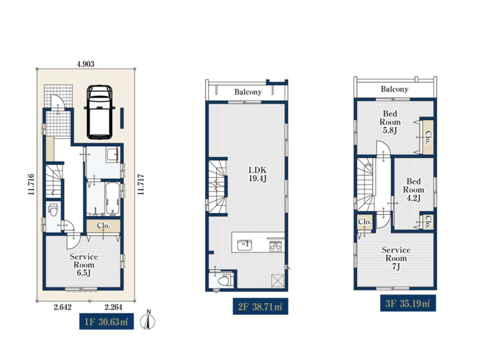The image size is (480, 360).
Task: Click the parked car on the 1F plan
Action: [x=99, y=112]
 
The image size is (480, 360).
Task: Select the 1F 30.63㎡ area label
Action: [x=106, y=322]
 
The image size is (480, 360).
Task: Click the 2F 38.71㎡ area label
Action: [x=261, y=306]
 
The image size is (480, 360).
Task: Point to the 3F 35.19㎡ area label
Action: [x=408, y=303]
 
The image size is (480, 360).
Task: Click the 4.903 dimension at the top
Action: [x=86, y=64]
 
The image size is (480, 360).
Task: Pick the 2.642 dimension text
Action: [x=62, y=307]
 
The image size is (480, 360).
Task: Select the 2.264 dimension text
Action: [x=113, y=307]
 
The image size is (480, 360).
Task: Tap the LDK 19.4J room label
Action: [x=257, y=174]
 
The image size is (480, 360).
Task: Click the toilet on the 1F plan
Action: [x=53, y=210]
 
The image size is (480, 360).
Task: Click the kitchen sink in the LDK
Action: [x=245, y=245]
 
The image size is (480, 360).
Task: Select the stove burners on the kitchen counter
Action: [x=275, y=246]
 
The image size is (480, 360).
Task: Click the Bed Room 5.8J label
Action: [x=390, y=122]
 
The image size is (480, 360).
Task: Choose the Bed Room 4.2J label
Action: [x=413, y=190]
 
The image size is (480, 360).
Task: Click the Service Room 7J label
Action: [x=396, y=258]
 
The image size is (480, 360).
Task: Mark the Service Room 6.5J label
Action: [x=84, y=265]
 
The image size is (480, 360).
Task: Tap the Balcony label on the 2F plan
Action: [x=248, y=92]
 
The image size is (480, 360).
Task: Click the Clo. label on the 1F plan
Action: [x=103, y=226]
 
